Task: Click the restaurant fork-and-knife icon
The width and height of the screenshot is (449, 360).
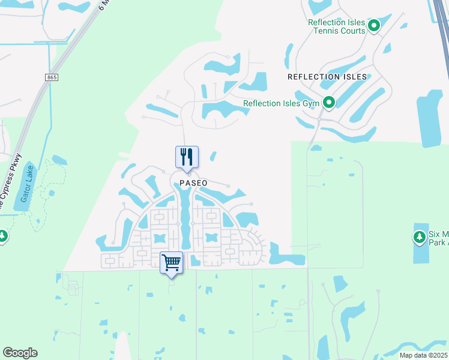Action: pos(187,157)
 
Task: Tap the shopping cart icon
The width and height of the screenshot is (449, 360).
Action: pos(171,262)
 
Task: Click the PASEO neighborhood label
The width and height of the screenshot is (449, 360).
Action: pos(193,183)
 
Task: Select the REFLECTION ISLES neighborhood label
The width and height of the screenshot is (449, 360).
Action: pos(327,77)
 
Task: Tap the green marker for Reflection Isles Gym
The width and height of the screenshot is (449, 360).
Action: pos(329,103)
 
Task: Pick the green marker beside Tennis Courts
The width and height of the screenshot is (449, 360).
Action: pos(374,26)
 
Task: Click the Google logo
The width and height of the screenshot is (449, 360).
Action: pos(20,353)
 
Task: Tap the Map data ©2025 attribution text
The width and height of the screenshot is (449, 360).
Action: pos(423,355)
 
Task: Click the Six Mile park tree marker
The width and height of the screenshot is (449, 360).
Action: pos(420,237)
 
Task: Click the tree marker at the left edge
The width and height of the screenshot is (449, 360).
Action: pos(2,236)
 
